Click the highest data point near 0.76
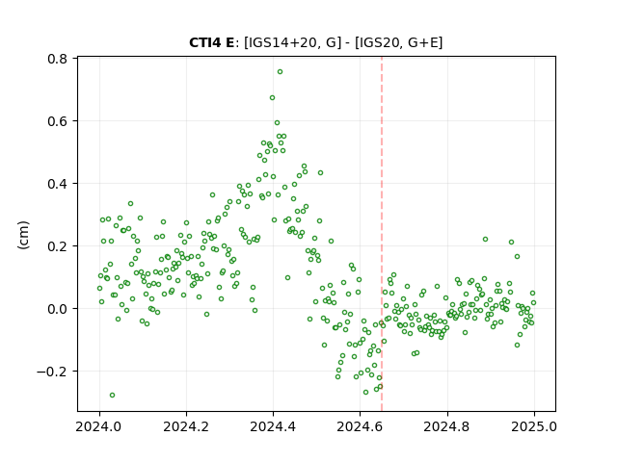tap(280, 72)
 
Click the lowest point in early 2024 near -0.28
tap(112, 396)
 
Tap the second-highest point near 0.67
tap(272, 98)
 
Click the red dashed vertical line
tap(382, 234)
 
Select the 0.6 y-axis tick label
tap(57, 121)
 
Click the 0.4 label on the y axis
tap(57, 184)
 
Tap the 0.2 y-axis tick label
tap(57, 246)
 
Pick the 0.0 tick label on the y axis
tap(57, 309)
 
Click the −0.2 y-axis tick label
tap(52, 372)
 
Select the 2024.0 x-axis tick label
tap(99, 426)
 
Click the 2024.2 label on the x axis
tap(186, 426)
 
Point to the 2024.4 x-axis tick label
tap(273, 426)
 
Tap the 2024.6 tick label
tap(360, 426)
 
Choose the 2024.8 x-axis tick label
tap(446, 426)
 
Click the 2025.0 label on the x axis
tap(534, 426)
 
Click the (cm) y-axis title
tap(23, 235)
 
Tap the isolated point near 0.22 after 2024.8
tap(485, 240)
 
